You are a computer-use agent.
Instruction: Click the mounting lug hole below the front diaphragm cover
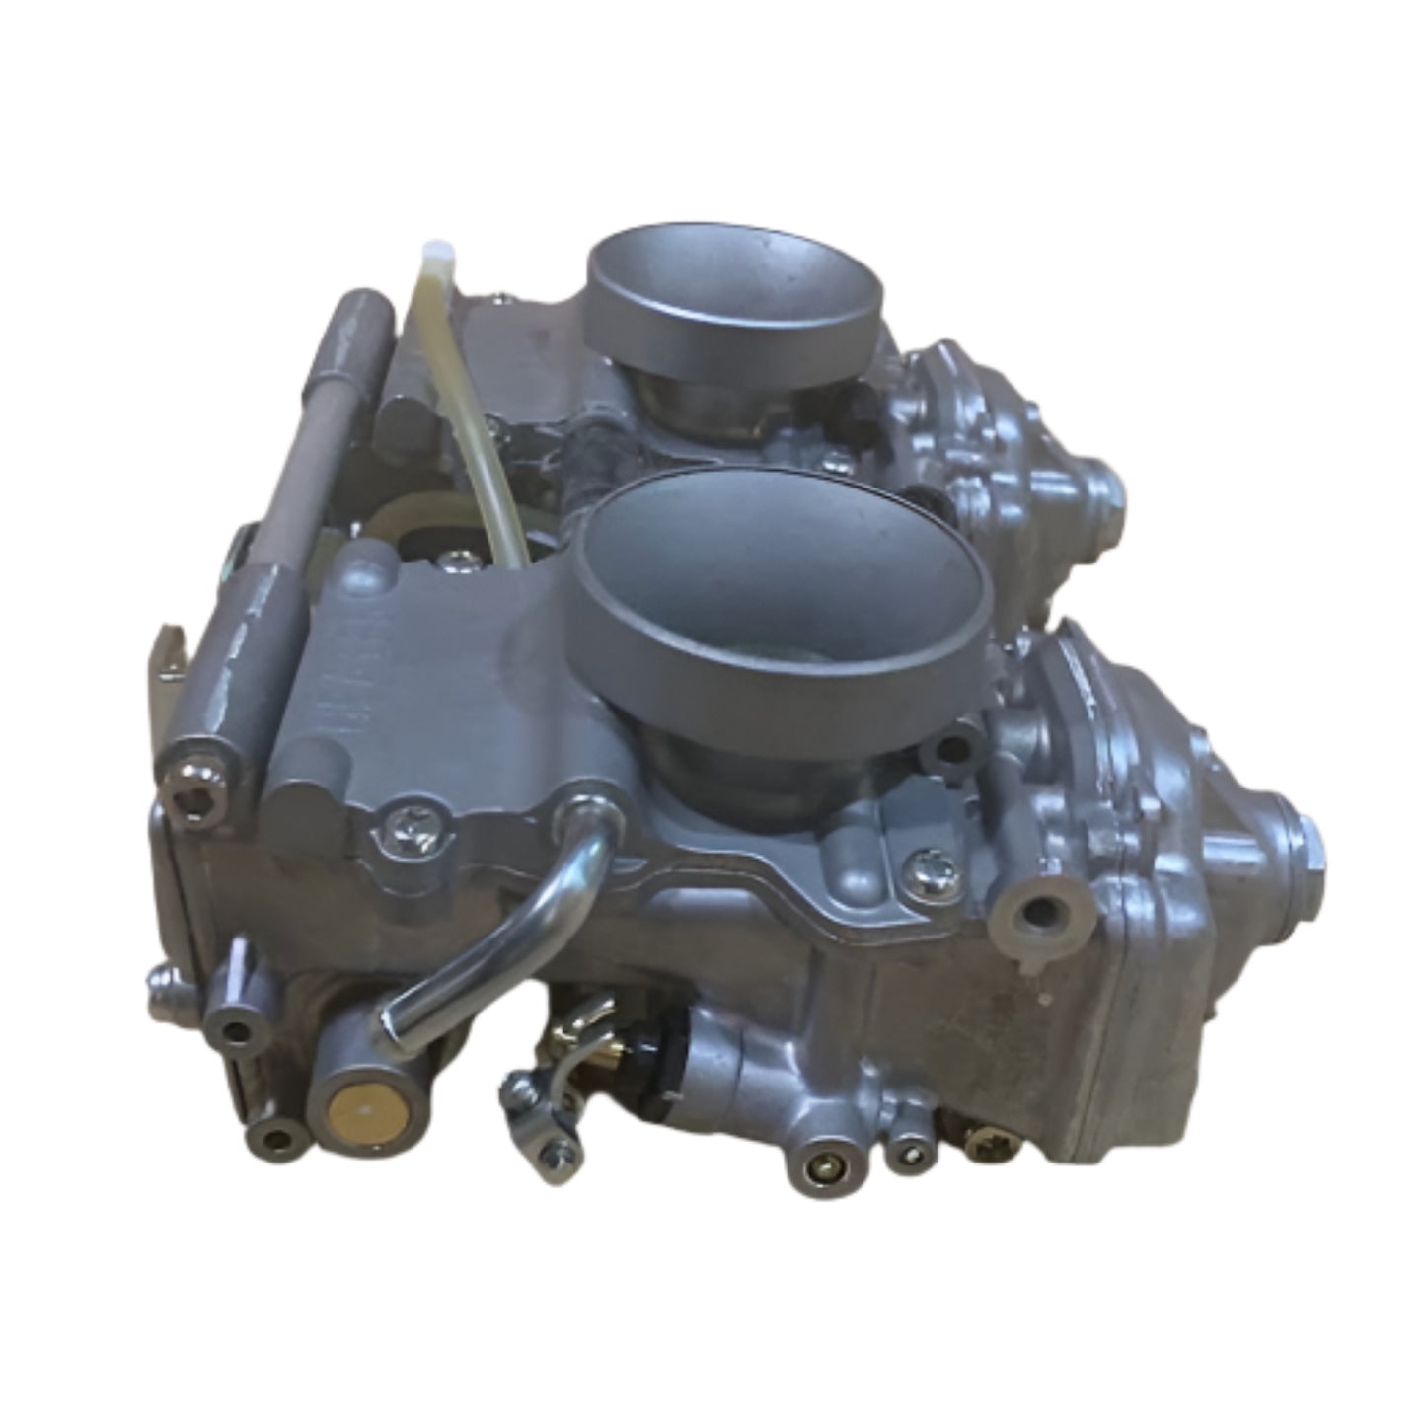coord(1032,914)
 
